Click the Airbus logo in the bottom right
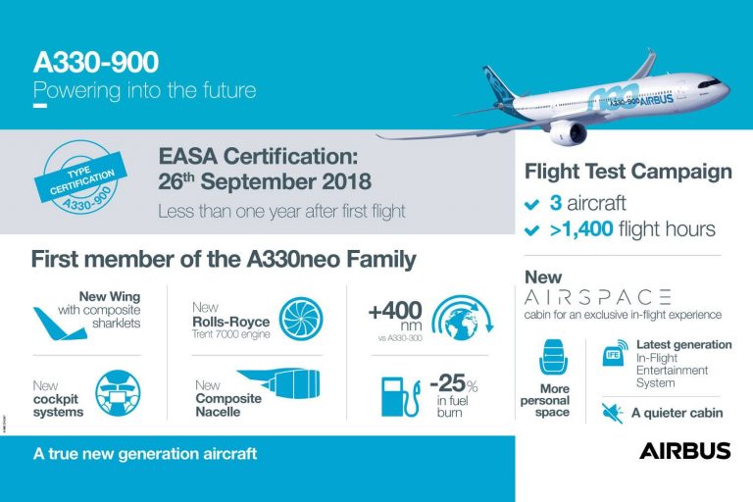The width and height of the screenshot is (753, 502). (x=684, y=451)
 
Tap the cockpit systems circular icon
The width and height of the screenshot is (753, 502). (x=117, y=394)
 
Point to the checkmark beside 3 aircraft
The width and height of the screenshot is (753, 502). (x=531, y=204)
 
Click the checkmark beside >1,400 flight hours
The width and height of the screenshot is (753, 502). (x=531, y=230)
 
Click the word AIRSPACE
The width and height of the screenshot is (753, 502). (x=597, y=296)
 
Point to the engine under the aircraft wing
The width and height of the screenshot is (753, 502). (x=569, y=130)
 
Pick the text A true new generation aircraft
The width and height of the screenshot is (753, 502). (x=144, y=455)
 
